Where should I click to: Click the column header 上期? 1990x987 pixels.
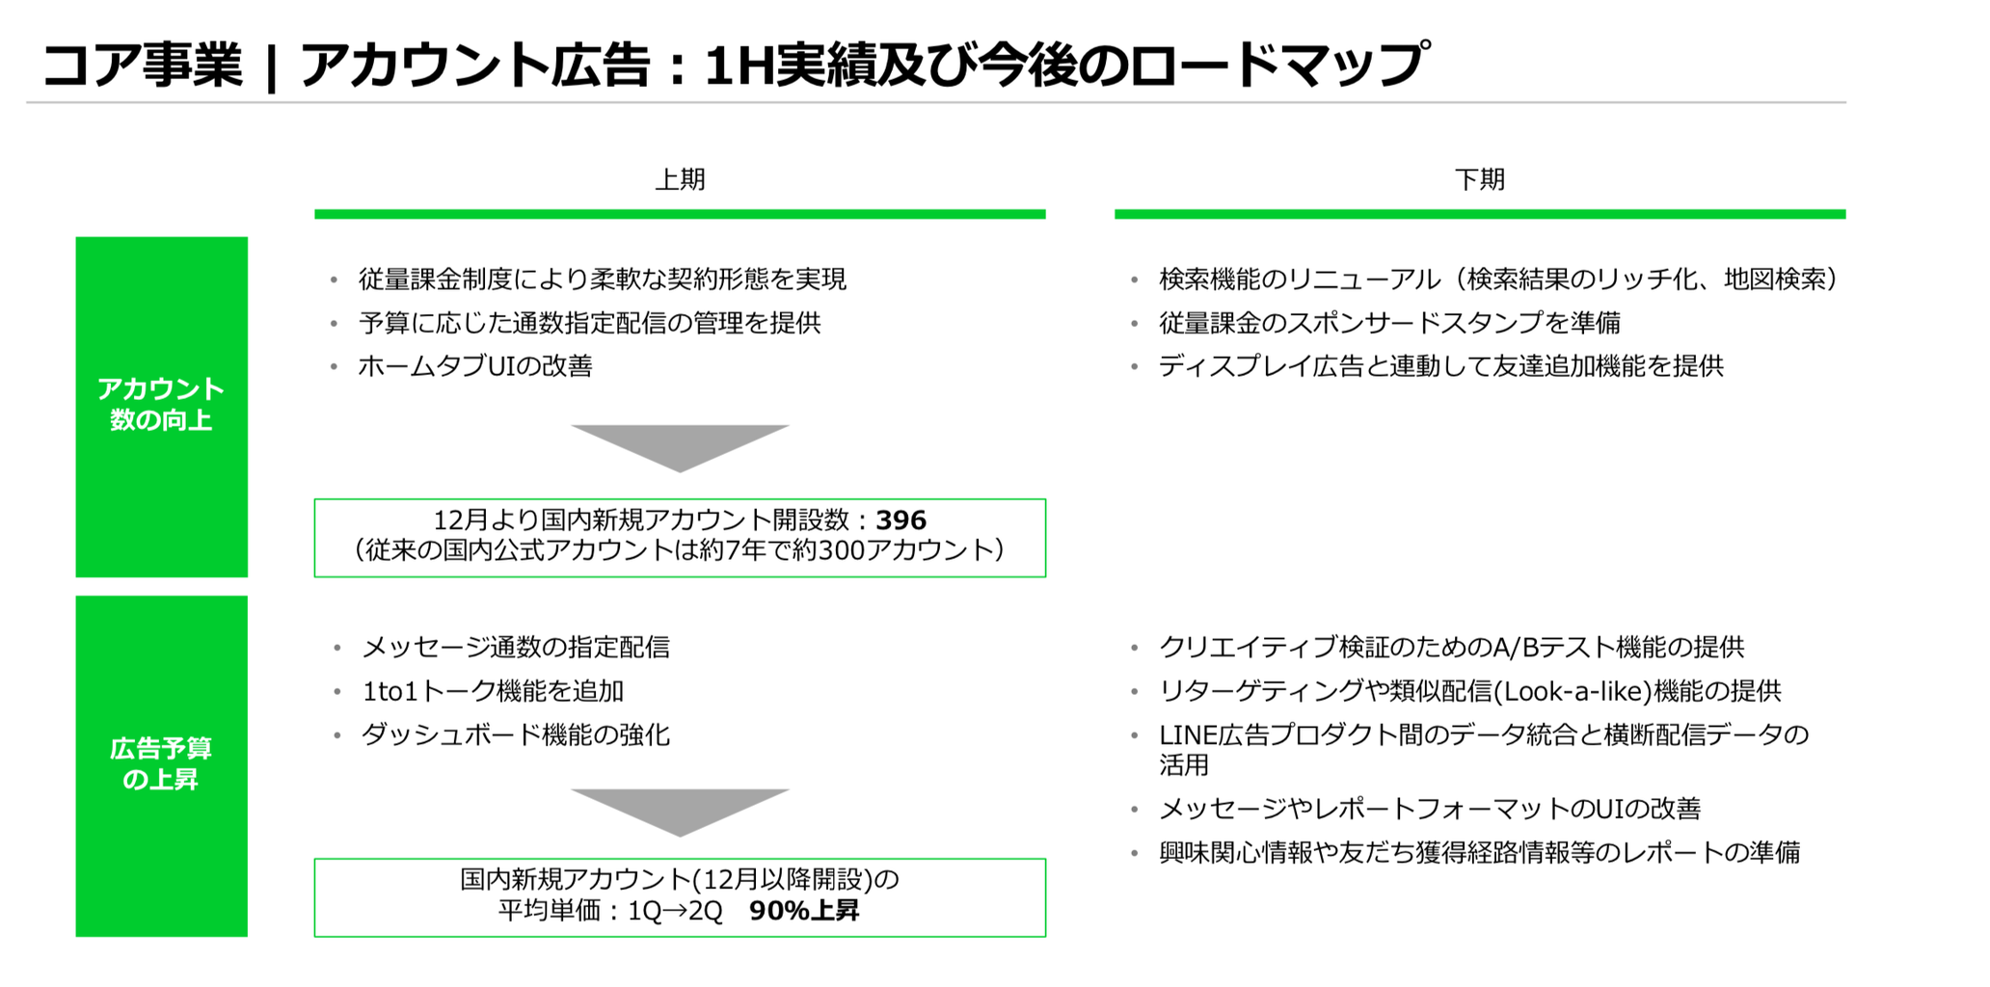pos(680,179)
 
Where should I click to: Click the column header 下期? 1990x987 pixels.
pos(1479,179)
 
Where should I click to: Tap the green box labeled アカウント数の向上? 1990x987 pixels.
pos(161,406)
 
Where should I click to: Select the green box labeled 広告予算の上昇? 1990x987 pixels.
pos(161,765)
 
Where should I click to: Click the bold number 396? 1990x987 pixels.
pos(901,520)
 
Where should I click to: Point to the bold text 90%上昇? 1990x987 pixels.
pos(803,911)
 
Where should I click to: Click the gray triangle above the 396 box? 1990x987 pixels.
pos(680,444)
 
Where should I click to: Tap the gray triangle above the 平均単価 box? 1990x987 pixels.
pos(680,809)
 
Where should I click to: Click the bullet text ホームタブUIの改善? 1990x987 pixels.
pos(475,366)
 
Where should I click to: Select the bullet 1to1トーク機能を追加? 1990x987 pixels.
pos(493,691)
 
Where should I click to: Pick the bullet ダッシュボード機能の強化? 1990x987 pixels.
pos(515,734)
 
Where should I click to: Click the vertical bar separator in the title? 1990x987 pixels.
pos(271,67)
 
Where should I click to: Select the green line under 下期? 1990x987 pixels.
pos(1479,214)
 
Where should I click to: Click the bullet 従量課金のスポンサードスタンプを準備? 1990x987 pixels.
pos(1389,323)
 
